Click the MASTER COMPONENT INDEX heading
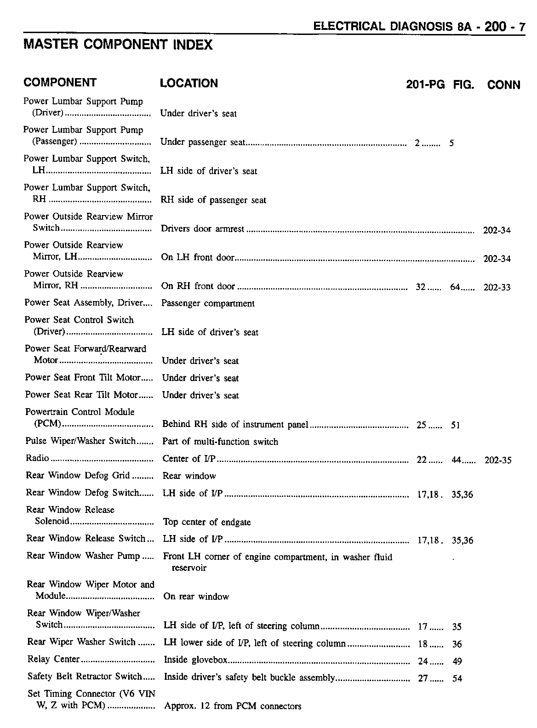pos(118,45)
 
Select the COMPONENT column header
pos(60,83)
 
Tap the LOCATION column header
pos(189,83)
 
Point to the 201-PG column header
pos(425,85)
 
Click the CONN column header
pos(503,85)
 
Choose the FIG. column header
pos(463,85)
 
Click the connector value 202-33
pos(497,288)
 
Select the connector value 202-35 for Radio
pos(498,461)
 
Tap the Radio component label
pos(37,459)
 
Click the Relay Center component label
pos(53,660)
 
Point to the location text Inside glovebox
pos(195,660)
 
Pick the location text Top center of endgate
pos(207,522)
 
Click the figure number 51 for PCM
pos(455,425)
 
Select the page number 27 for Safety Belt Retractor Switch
pos(423,678)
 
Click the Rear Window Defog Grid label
pos(78,475)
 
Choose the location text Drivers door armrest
pos(202,229)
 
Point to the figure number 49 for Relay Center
pos(457,661)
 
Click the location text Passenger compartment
pos(208,303)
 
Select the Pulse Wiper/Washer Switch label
pos(80,441)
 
